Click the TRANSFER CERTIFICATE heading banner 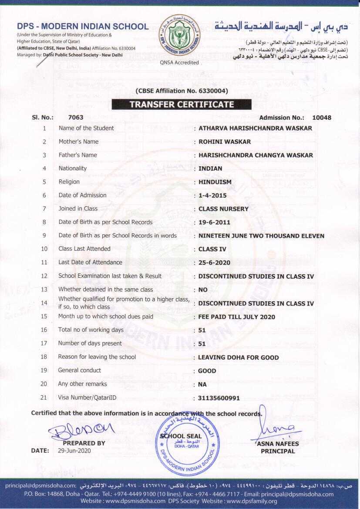coord(182,104)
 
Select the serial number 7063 coord(76,118)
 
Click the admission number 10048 coord(322,118)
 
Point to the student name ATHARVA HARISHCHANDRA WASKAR coord(255,128)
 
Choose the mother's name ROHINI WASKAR coord(225,142)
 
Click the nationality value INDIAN coord(210,169)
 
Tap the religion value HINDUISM coord(215,182)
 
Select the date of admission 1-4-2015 coord(212,196)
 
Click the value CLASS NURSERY coord(223,209)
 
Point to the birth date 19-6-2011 coord(214,222)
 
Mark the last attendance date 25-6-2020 coord(214,263)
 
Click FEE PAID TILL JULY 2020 coord(237,317)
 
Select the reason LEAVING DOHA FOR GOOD coord(239,357)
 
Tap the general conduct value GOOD coord(207,371)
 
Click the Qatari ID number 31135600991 coord(219,398)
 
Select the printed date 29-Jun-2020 coord(74,451)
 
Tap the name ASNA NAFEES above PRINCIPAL coord(278,444)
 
